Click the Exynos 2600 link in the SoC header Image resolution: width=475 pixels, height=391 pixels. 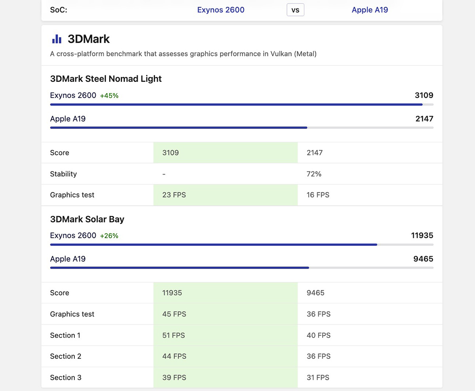click(x=221, y=10)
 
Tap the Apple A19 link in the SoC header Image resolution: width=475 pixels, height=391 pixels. click(x=370, y=10)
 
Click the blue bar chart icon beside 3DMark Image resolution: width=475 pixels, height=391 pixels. click(x=57, y=39)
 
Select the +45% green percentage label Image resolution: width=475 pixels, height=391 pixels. click(x=109, y=96)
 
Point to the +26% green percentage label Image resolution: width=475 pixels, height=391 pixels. click(x=109, y=236)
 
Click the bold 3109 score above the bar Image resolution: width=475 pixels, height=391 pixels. click(x=424, y=95)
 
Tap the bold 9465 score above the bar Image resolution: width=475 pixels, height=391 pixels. click(x=423, y=259)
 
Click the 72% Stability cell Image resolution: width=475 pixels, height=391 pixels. click(x=314, y=174)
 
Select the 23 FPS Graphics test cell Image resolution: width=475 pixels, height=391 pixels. click(x=174, y=195)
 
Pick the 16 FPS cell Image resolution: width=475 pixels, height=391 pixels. click(x=318, y=195)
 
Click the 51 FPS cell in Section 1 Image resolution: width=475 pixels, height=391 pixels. click(x=174, y=335)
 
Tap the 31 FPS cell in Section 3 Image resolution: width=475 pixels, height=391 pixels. click(x=318, y=378)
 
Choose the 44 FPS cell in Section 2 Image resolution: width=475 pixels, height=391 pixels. click(x=174, y=356)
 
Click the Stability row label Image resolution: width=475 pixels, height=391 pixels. click(x=63, y=174)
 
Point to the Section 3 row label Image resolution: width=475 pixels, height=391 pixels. click(x=66, y=378)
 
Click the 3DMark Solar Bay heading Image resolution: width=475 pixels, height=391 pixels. click(x=87, y=219)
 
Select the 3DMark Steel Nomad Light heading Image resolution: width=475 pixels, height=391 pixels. click(x=106, y=79)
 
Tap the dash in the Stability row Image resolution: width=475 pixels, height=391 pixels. click(x=164, y=174)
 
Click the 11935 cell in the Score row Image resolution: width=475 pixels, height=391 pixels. click(x=172, y=293)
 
